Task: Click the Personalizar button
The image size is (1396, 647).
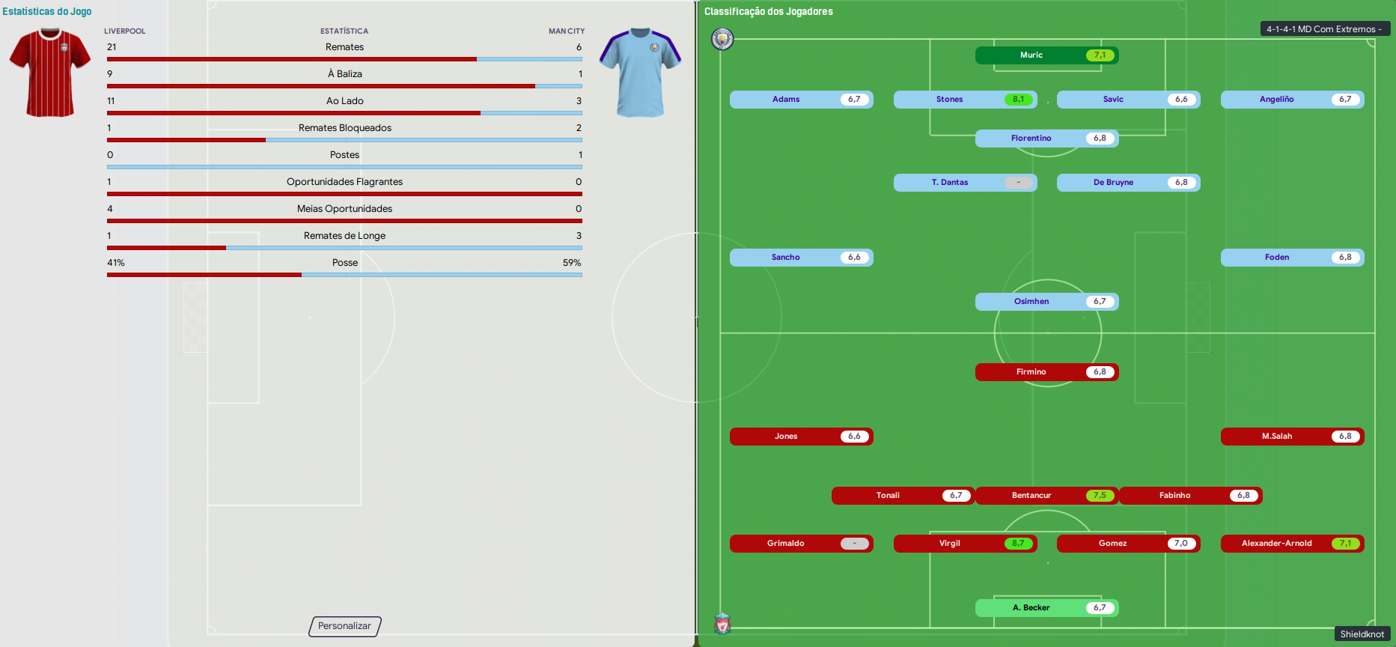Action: pos(345,626)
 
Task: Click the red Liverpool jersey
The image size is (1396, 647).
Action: pos(50,73)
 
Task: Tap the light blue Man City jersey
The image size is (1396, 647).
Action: pos(641,73)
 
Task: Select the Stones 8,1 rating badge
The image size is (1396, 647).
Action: pos(1018,100)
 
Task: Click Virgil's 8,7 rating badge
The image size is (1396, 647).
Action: pos(1018,544)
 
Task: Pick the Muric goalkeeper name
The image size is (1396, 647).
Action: pos(1031,55)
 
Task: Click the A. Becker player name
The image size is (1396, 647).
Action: pos(1031,608)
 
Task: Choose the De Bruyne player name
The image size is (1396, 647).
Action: pos(1113,183)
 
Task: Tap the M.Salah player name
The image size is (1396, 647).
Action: pos(1277,437)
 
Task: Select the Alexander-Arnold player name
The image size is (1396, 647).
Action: pos(1277,544)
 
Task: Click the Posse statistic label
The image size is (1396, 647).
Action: pos(345,263)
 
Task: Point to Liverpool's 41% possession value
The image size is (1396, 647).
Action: pos(116,263)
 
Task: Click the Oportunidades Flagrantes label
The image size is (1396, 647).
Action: pos(345,182)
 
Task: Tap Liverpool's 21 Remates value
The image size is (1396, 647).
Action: pos(112,47)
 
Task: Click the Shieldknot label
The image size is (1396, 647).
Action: pos(1362,634)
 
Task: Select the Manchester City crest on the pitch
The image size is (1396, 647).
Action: pos(722,39)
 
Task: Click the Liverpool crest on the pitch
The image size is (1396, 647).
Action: pos(722,623)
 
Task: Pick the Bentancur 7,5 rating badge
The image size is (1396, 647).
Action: pos(1100,496)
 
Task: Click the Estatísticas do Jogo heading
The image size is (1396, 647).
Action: pos(47,11)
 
